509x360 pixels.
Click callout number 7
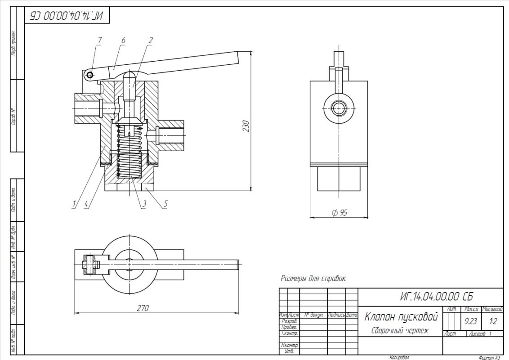(x=99, y=40)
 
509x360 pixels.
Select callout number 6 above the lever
(x=123, y=40)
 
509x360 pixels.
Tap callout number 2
(x=150, y=40)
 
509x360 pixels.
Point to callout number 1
(x=73, y=204)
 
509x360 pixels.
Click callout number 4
(x=86, y=204)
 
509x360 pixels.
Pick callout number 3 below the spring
(x=144, y=204)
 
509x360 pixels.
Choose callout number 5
(x=165, y=204)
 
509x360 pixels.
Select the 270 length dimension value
(x=143, y=308)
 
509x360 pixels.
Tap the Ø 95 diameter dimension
(x=339, y=213)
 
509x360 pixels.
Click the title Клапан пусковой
(x=401, y=317)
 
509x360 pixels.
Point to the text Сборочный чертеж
(x=400, y=331)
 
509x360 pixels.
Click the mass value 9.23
(x=471, y=321)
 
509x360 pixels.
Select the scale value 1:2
(x=493, y=321)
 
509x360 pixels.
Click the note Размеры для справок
(x=313, y=279)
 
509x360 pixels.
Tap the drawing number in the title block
(x=436, y=297)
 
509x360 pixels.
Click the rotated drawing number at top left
(x=67, y=16)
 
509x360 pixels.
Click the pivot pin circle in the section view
(x=91, y=75)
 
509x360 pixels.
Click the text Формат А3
(x=489, y=358)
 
